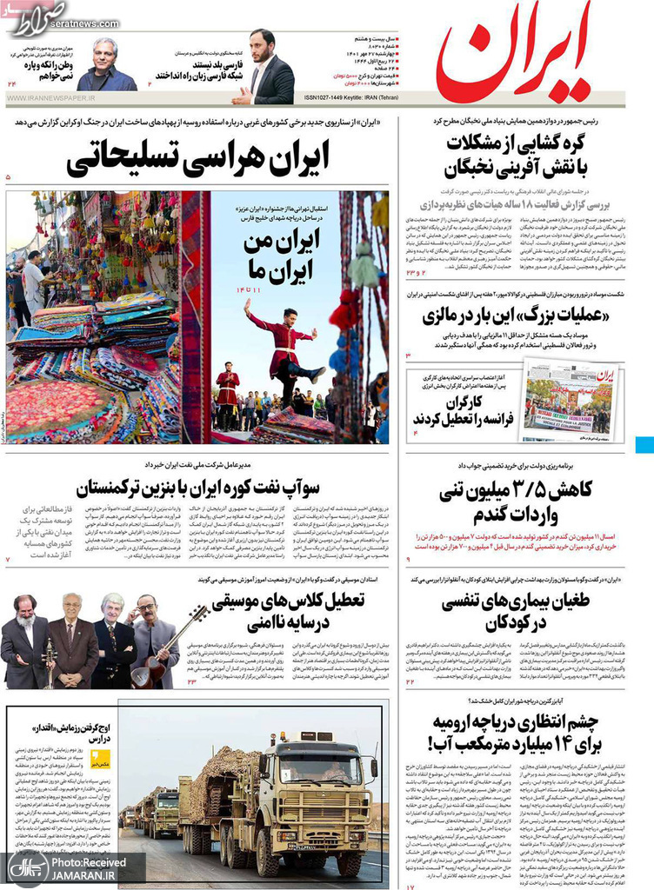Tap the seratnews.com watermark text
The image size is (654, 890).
tap(65, 23)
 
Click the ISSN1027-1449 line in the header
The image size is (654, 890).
tap(349, 98)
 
